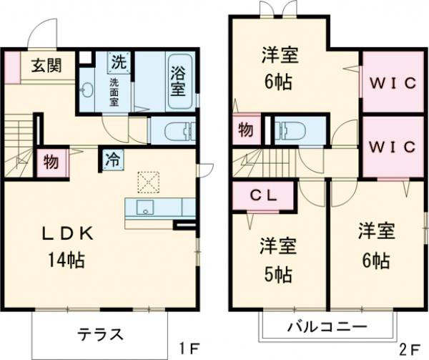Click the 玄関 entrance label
[44, 65]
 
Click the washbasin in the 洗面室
[88, 90]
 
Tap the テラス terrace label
[101, 334]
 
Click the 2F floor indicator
[410, 350]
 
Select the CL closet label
[260, 195]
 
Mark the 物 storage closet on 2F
[245, 131]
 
